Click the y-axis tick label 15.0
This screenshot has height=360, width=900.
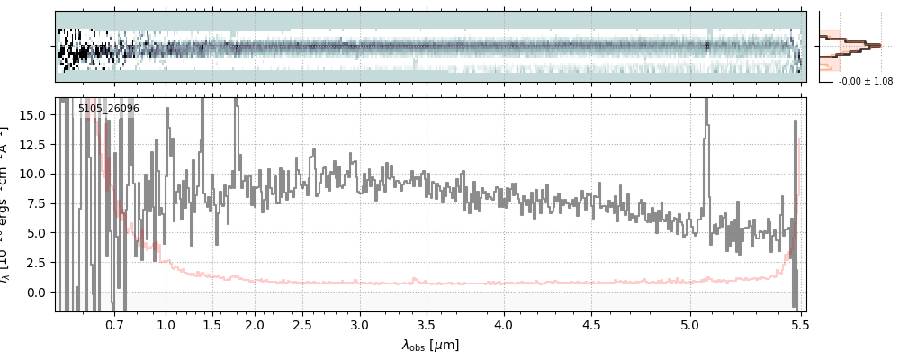click(x=33, y=114)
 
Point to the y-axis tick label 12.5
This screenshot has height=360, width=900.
click(x=33, y=144)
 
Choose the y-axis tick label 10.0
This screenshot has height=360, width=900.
click(x=33, y=174)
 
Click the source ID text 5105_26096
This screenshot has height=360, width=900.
click(x=108, y=109)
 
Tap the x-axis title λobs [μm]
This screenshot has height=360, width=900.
click(x=430, y=345)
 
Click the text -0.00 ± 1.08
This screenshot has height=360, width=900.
click(x=865, y=82)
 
